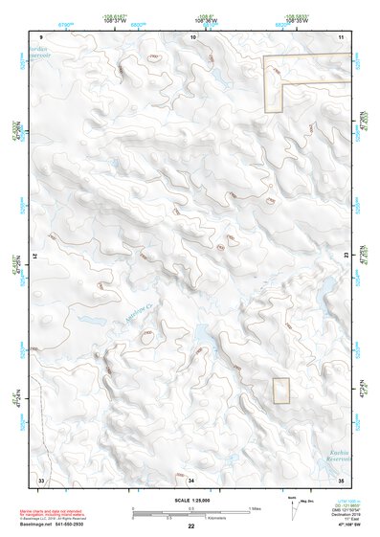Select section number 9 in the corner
coord(41,36)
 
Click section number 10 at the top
coord(192,36)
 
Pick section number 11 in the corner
coord(342,36)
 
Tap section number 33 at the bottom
coord(41,479)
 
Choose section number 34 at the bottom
coord(191,479)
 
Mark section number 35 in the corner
coord(342,479)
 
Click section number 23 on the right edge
coord(346,254)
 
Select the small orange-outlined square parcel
coord(280,390)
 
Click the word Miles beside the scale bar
coord(254,508)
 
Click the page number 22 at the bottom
coord(190,526)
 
